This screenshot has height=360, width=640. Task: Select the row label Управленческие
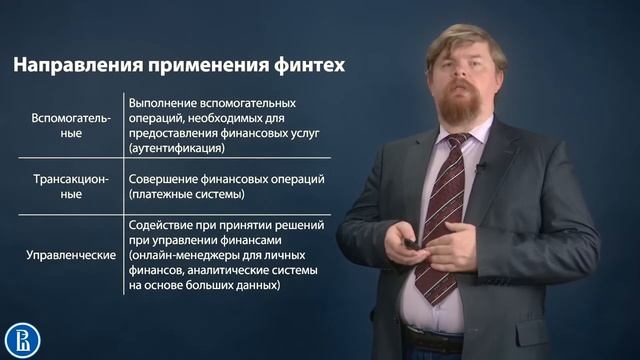(x=69, y=254)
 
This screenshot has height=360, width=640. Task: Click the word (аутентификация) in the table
(x=176, y=148)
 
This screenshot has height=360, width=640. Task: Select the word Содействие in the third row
(x=166, y=225)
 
